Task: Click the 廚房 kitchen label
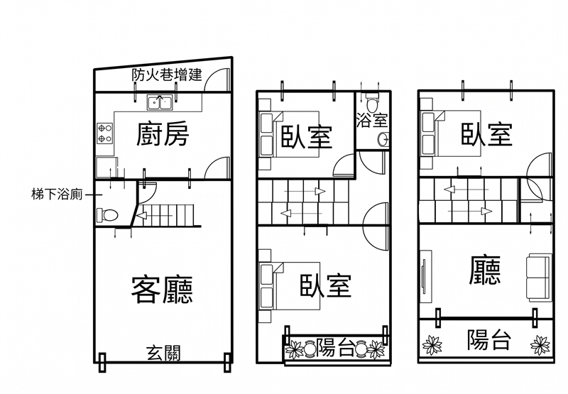[x=163, y=134]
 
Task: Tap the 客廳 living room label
[x=162, y=290]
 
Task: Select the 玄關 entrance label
[x=163, y=353]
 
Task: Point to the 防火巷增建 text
[x=167, y=75]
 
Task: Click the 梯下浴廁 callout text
[x=57, y=195]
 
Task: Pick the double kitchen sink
[x=160, y=102]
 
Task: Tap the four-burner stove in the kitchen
[x=104, y=133]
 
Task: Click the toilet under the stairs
[x=108, y=216]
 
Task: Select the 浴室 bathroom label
[x=371, y=121]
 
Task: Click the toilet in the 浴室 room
[x=371, y=102]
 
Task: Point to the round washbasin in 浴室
[x=383, y=139]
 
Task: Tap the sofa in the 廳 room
[x=539, y=278]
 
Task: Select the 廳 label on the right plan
[x=485, y=270]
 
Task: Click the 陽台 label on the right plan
[x=488, y=339]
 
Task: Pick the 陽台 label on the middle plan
[x=334, y=348]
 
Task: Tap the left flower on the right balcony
[x=432, y=345]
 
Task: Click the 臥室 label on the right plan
[x=486, y=134]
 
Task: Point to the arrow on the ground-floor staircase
[x=155, y=216]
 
